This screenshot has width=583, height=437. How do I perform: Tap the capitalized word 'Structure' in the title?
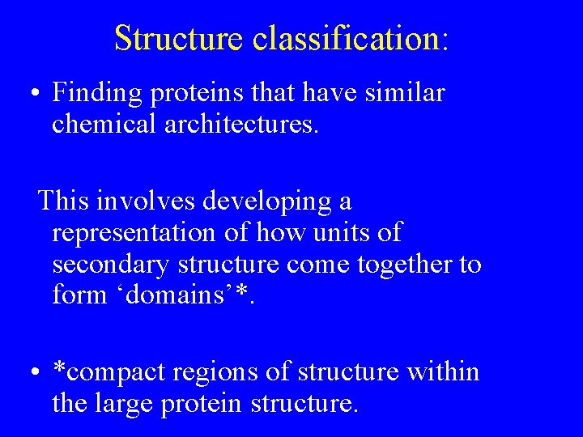(180, 38)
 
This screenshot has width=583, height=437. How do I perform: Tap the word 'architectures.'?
(252, 125)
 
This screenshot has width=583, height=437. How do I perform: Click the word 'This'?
(66, 200)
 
